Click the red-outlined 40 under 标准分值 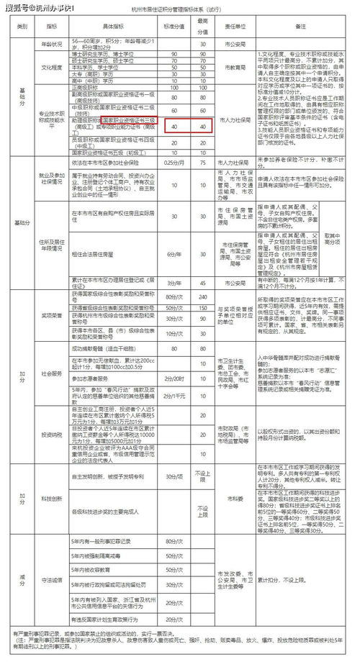coord(174,127)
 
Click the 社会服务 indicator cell coord(52,375)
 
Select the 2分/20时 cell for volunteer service coord(174,378)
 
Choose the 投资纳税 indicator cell coord(52,436)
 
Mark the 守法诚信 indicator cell coord(52,579)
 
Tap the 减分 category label coord(22,579)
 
